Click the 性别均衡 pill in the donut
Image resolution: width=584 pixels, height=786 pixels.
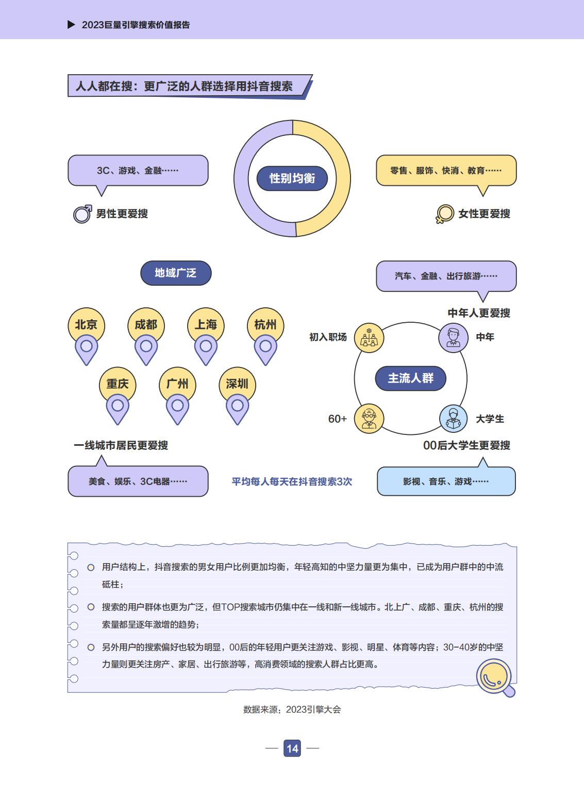coord(292,178)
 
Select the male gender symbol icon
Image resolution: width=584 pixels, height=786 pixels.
coord(82,214)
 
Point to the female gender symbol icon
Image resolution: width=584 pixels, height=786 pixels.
coord(444,214)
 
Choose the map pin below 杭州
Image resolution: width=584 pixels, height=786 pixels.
coord(265,350)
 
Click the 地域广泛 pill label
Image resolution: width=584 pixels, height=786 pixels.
coord(176,273)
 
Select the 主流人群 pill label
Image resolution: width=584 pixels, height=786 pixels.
coord(410,378)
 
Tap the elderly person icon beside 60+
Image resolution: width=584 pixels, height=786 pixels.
coord(369,418)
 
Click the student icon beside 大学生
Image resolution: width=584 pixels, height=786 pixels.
coord(454,418)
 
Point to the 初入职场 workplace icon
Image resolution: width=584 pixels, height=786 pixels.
coord(369,338)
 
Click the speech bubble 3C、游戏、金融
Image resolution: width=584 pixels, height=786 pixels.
coord(138,170)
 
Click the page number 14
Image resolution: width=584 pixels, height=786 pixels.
coord(292,748)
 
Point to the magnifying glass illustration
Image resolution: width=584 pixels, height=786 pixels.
coord(496,677)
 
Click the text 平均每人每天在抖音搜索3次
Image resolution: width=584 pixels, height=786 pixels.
coord(292,481)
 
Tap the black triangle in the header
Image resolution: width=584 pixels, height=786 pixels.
coord(71,25)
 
